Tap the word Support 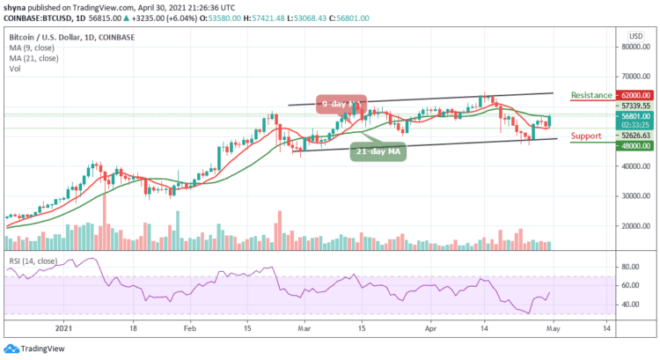pyautogui.click(x=587, y=136)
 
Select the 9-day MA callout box pyautogui.click(x=342, y=105)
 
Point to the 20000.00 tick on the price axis pyautogui.click(x=636, y=225)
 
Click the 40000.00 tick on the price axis pyautogui.click(x=636, y=165)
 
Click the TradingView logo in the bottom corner pyautogui.click(x=37, y=348)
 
